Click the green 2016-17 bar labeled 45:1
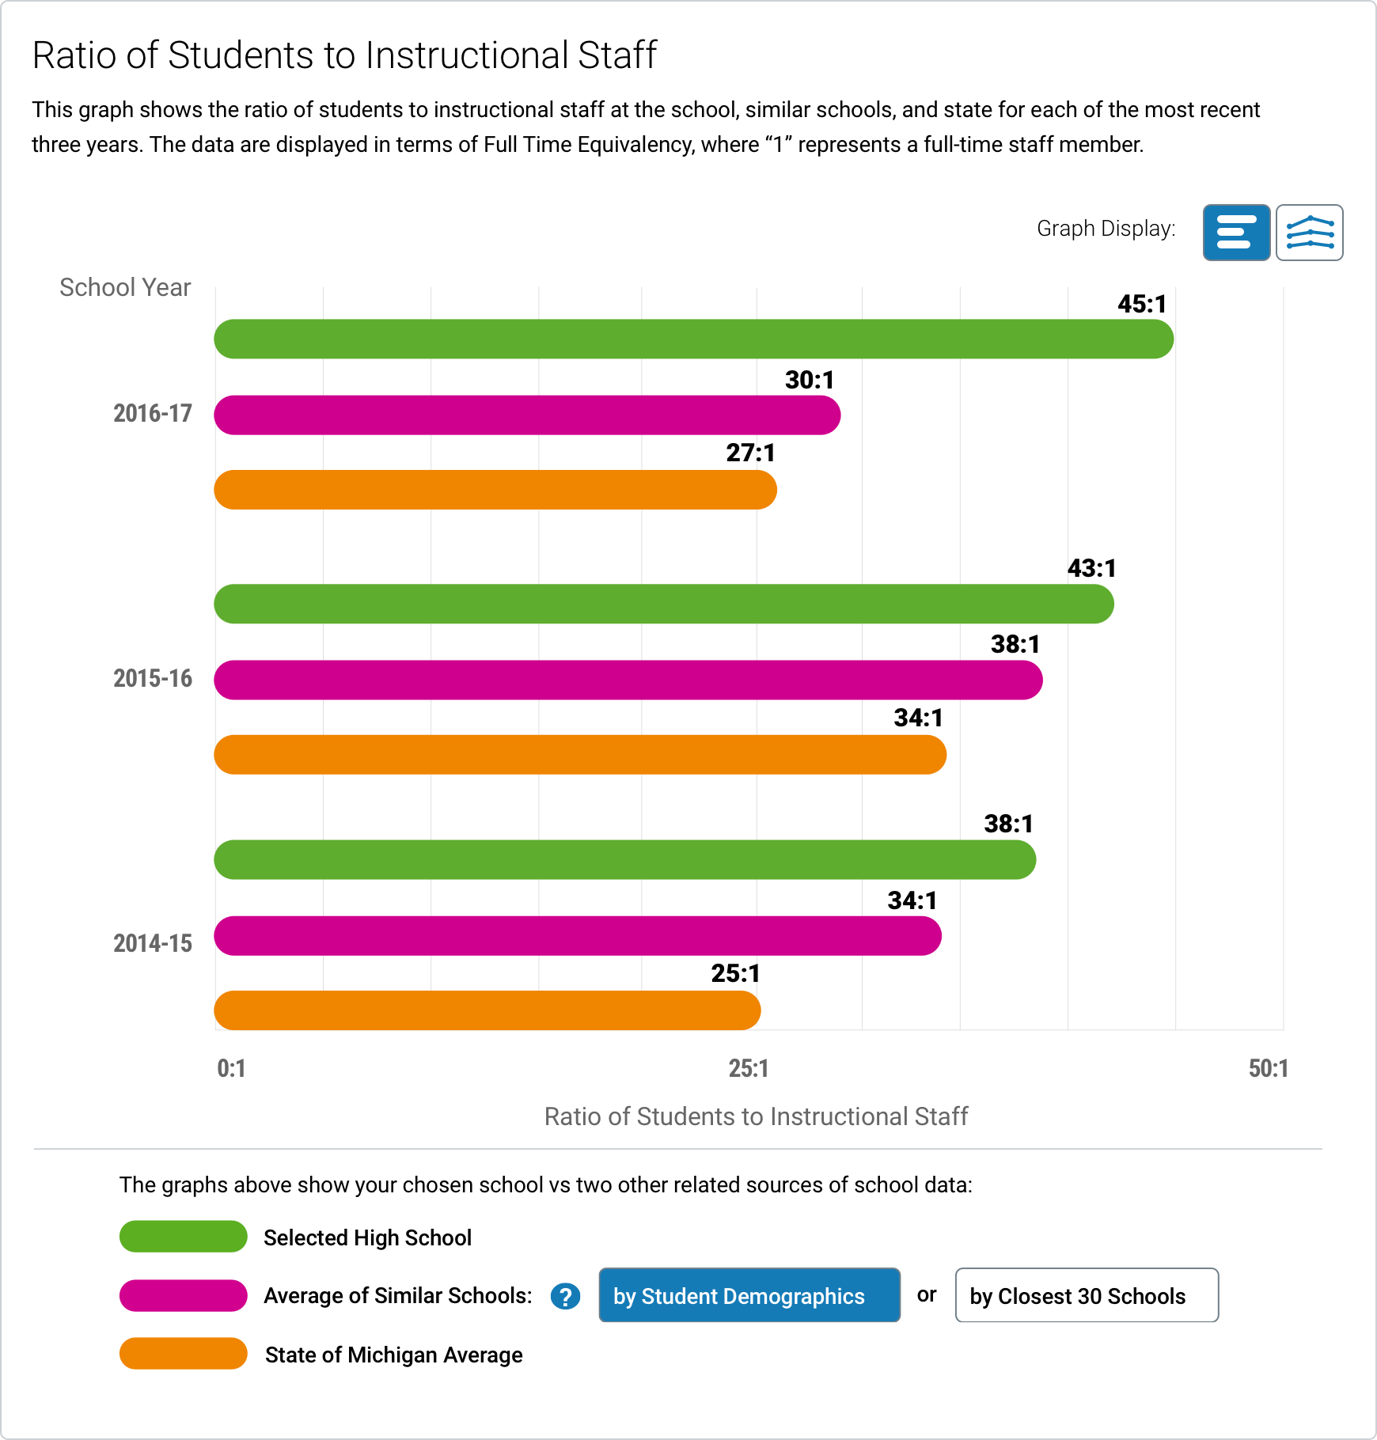693,339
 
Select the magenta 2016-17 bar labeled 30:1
527,415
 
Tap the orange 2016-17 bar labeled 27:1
495,490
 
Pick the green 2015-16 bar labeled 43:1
663,604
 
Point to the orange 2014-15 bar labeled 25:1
487,1010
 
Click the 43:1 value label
1091,568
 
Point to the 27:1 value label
750,453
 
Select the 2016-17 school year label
153,413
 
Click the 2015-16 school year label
153,678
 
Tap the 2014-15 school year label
153,943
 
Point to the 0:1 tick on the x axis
231,1069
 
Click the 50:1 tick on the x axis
1268,1069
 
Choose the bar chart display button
1236,233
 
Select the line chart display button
1309,233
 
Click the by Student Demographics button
749,1295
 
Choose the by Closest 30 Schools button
1086,1295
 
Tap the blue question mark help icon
565,1297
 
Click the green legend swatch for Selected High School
184,1237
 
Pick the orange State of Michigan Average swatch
184,1354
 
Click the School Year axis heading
125,287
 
